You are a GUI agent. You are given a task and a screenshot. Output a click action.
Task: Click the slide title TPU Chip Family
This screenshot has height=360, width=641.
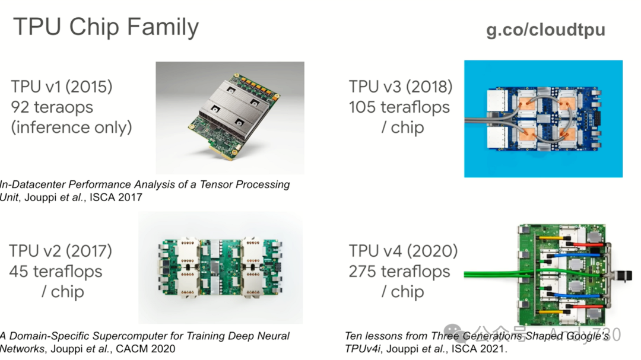click(106, 27)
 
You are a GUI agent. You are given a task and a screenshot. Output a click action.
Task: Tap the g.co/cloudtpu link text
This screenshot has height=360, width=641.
click(545, 30)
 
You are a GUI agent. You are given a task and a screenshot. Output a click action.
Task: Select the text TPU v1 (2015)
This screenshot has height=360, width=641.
click(62, 87)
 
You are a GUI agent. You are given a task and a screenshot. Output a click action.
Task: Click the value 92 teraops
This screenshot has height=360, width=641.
click(52, 107)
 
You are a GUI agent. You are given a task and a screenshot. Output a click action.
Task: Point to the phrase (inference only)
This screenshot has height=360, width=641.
click(72, 127)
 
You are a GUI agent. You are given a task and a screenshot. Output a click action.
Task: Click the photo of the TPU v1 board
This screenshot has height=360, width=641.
click(230, 117)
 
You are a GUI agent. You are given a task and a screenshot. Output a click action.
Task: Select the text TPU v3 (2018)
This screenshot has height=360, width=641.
click(401, 87)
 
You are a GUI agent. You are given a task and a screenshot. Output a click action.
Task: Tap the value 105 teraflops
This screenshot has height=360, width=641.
click(399, 107)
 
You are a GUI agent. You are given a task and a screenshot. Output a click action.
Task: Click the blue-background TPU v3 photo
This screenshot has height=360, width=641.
click(542, 119)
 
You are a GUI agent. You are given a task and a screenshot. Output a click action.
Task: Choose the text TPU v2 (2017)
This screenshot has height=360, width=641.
click(61, 251)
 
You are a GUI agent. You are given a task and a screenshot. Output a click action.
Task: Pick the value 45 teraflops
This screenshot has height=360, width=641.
click(56, 272)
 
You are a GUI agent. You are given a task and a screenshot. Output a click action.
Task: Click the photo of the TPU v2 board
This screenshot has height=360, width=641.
click(220, 267)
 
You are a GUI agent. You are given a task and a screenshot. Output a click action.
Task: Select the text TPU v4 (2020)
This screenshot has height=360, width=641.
click(403, 251)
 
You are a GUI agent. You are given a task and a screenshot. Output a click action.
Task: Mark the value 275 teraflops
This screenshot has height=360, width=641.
click(399, 272)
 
